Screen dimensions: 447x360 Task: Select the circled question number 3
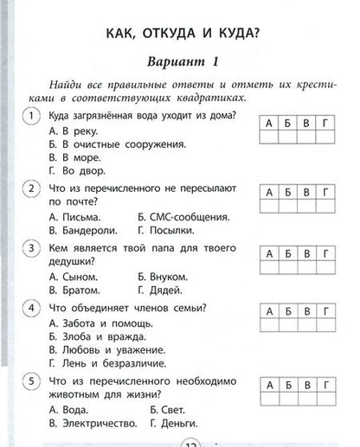pyautogui.click(x=32, y=249)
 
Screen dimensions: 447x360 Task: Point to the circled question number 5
pyautogui.click(x=32, y=380)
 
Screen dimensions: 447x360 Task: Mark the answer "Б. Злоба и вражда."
pyautogui.click(x=96, y=335)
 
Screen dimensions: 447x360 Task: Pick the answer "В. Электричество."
pyautogui.click(x=93, y=423)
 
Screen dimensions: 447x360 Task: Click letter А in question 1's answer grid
pyautogui.click(x=270, y=124)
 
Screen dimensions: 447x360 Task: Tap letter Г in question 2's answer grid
pyautogui.click(x=323, y=189)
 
